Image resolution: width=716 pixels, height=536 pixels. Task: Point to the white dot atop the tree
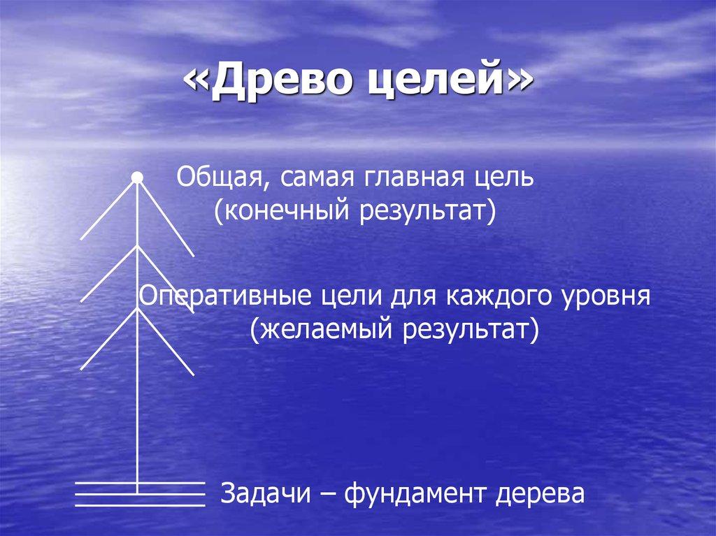tap(138, 178)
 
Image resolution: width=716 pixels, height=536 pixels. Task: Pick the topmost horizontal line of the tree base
tap(140, 482)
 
